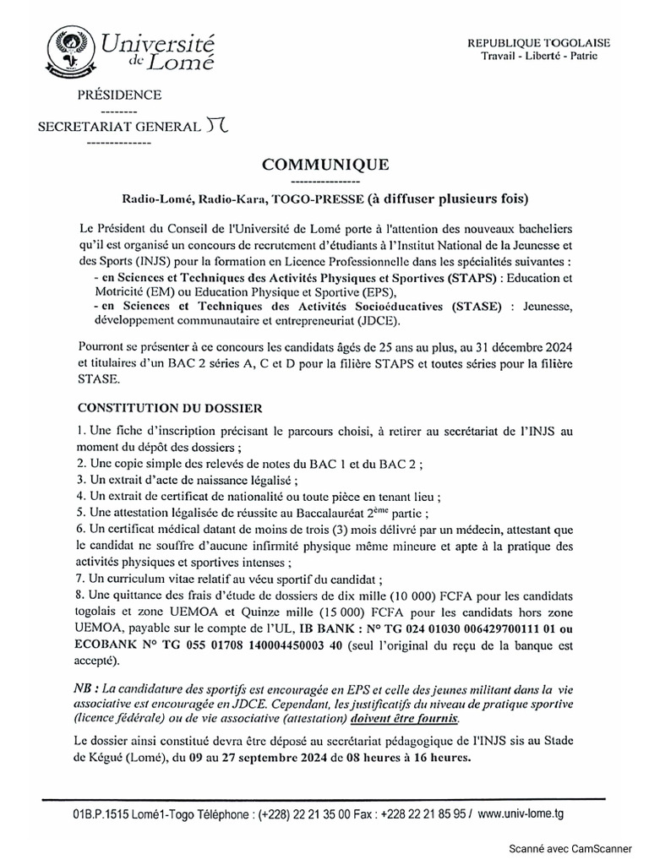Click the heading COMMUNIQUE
[x=325, y=165]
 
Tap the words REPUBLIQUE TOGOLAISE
[x=550, y=43]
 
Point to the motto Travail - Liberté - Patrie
[x=550, y=56]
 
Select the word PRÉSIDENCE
[x=119, y=95]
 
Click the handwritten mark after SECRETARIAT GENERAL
[x=216, y=127]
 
